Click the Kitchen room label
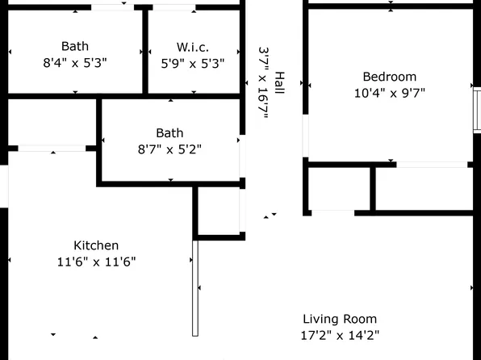[96, 245]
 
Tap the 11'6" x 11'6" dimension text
[96, 262]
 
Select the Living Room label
[339, 319]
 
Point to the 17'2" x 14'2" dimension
[339, 335]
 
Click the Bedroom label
[389, 77]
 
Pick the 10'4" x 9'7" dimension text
[389, 92]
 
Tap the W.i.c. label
[194, 46]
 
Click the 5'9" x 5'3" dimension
[194, 62]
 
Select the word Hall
[279, 82]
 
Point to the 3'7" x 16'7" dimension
[263, 82]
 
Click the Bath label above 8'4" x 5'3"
[75, 46]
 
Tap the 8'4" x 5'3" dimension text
[75, 62]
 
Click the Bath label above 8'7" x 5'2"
[169, 133]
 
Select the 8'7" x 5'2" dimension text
[169, 149]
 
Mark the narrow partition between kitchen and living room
[194, 288]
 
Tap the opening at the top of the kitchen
[52, 148]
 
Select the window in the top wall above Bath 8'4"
[112, 7]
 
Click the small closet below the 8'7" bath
[218, 211]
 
